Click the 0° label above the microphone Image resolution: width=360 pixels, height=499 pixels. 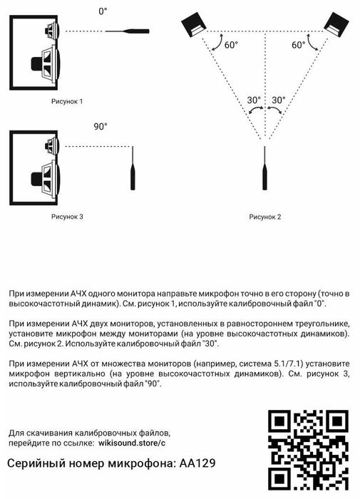point(103,12)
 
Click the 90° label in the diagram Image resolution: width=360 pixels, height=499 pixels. point(101,126)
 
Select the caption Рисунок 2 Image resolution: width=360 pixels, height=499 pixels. point(265,216)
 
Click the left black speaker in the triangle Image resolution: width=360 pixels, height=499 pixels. point(195,26)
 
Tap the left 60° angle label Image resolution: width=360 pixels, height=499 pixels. point(231,45)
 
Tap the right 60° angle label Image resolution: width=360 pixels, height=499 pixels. point(299,45)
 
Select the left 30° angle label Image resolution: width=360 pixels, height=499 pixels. point(253,101)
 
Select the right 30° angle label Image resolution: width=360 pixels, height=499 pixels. point(279,101)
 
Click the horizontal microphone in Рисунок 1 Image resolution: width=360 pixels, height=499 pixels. point(128,31)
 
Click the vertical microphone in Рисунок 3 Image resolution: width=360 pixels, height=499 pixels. point(132,173)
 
